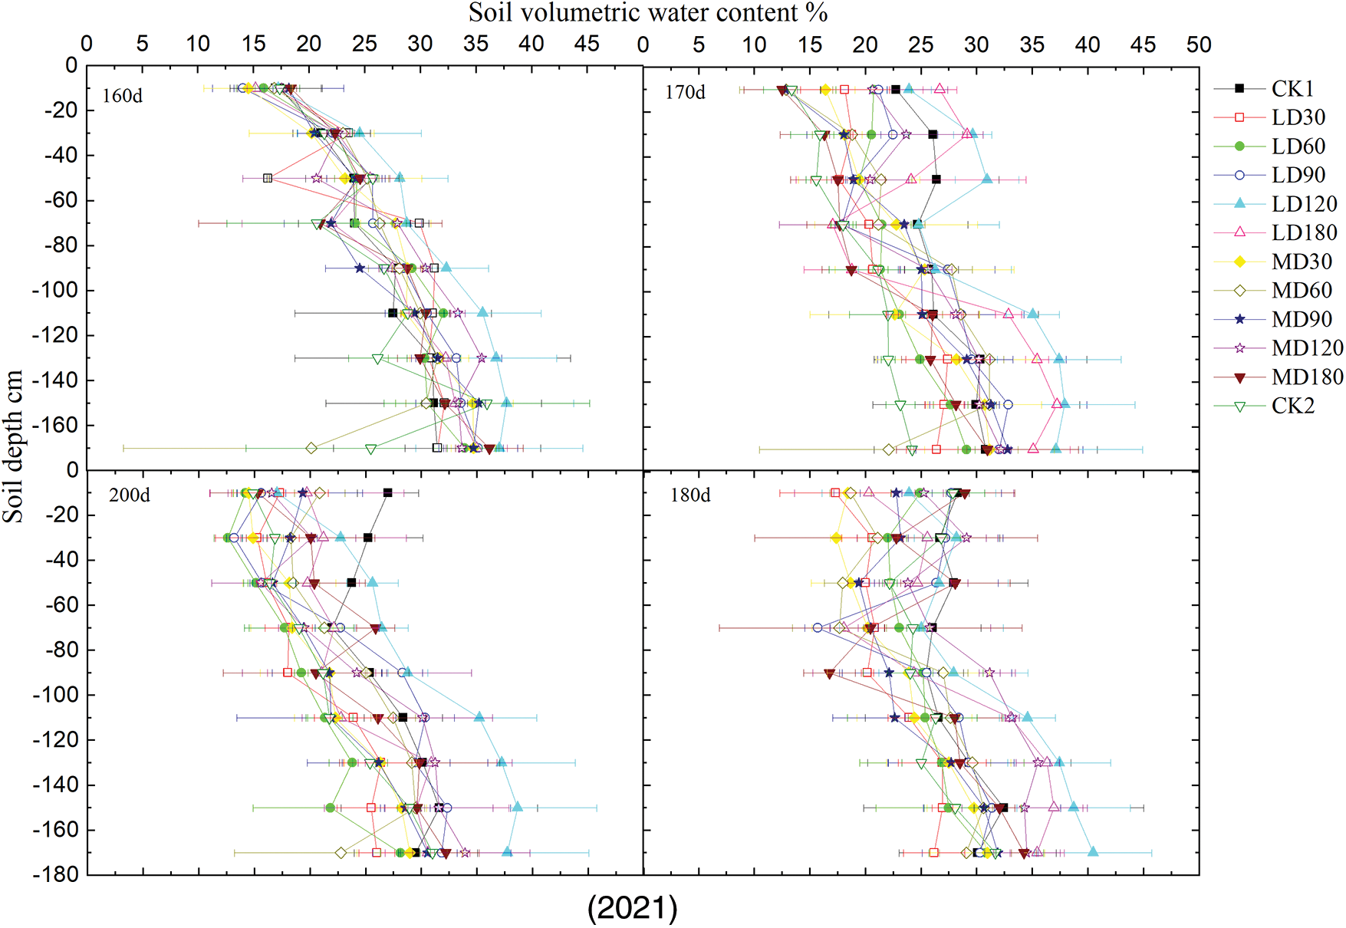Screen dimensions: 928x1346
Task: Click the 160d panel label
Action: (123, 97)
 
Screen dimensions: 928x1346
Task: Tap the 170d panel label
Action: (684, 93)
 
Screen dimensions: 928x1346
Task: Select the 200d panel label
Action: (129, 495)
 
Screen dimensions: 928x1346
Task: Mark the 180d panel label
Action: (690, 495)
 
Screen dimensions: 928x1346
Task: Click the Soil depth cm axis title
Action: (13, 446)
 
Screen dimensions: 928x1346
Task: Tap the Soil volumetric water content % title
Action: (648, 13)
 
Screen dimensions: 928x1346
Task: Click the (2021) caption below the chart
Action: (632, 908)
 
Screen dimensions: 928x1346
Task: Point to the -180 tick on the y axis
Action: (55, 875)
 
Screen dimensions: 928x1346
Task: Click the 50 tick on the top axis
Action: (1199, 44)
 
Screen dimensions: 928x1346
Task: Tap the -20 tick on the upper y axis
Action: (60, 110)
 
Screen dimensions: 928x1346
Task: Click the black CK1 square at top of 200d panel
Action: (387, 493)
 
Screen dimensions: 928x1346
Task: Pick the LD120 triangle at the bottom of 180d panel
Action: (1093, 852)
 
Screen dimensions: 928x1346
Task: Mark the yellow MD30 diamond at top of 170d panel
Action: (825, 90)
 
